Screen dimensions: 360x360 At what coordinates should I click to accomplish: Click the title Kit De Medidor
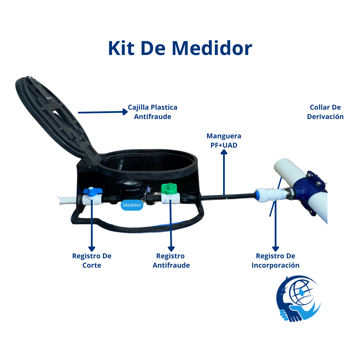click(180, 48)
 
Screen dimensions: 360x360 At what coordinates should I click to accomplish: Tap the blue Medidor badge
click(132, 205)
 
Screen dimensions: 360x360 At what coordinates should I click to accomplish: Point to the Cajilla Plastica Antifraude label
click(153, 112)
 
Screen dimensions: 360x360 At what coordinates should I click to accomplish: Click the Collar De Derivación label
click(325, 112)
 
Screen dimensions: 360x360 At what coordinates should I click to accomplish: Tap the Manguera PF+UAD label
click(224, 141)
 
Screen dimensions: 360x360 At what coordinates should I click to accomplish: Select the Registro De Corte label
click(92, 261)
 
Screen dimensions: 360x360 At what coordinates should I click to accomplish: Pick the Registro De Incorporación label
click(275, 261)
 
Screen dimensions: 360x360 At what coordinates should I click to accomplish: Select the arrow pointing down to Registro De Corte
click(91, 227)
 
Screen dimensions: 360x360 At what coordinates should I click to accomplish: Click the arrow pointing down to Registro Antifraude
click(171, 227)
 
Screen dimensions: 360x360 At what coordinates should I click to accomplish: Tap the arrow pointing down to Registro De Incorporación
click(275, 227)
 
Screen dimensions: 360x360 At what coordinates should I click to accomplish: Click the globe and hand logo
click(298, 298)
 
